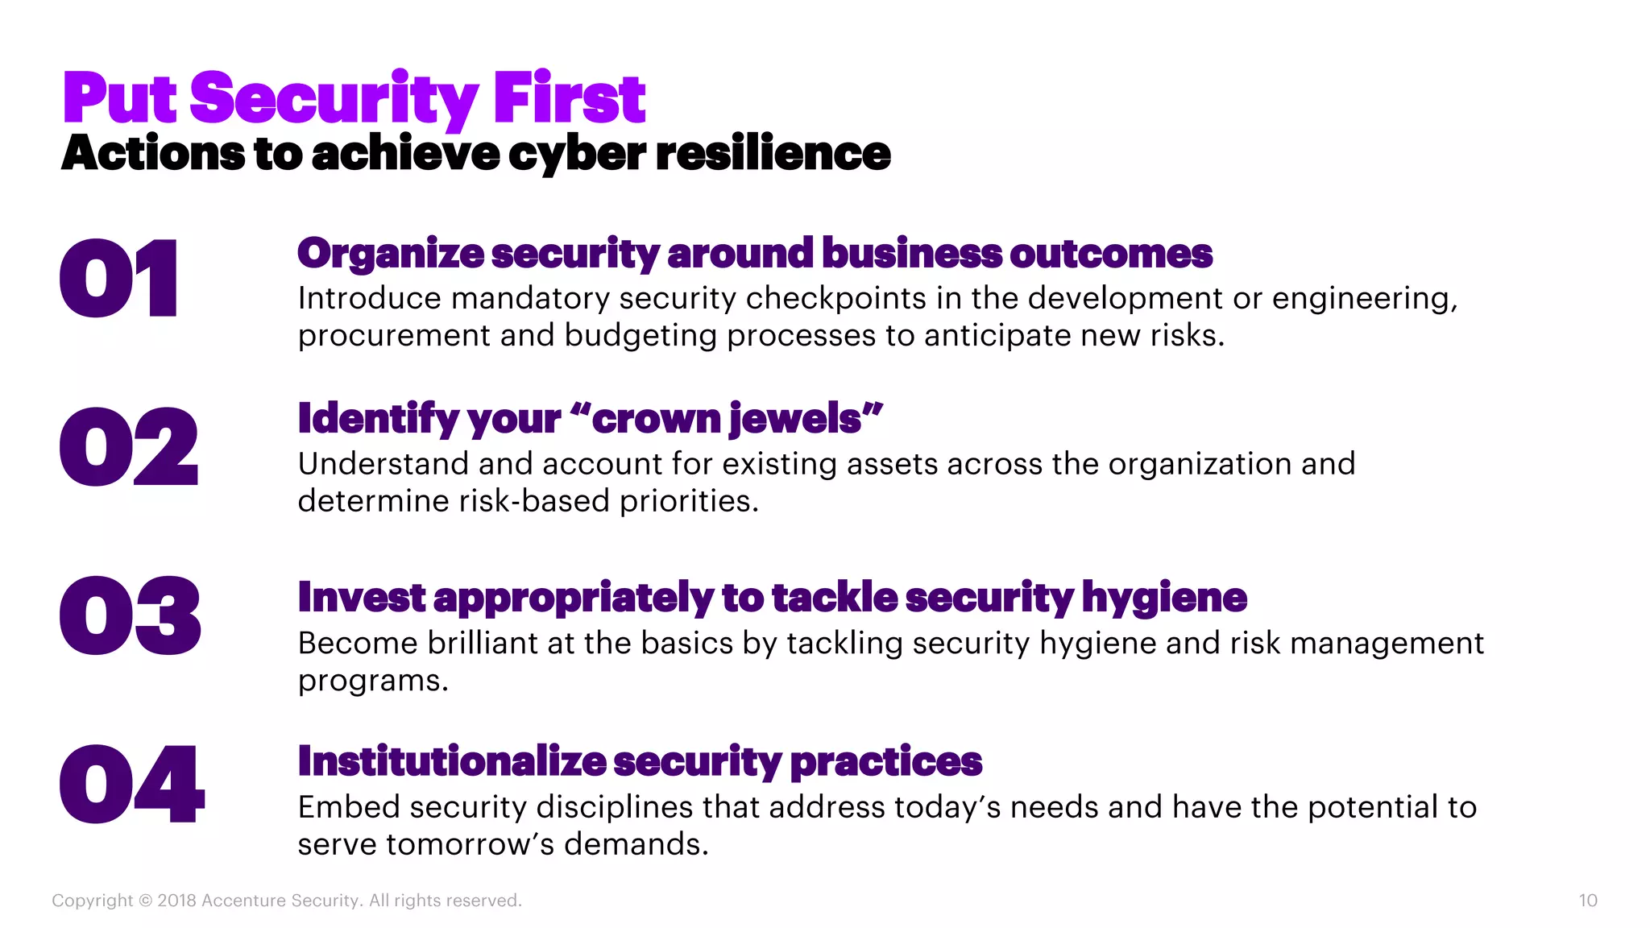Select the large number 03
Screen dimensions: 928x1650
click(130, 615)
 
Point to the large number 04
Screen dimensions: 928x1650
click(132, 784)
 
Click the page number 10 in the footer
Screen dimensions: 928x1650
click(1587, 901)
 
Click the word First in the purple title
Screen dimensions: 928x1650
click(569, 98)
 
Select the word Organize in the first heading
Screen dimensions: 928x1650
click(391, 254)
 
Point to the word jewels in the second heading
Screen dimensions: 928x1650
click(794, 419)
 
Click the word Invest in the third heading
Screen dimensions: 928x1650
click(361, 598)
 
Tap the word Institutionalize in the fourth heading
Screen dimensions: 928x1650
click(452, 761)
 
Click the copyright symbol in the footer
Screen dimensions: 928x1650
click(145, 901)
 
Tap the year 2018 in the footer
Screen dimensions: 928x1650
click(176, 901)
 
